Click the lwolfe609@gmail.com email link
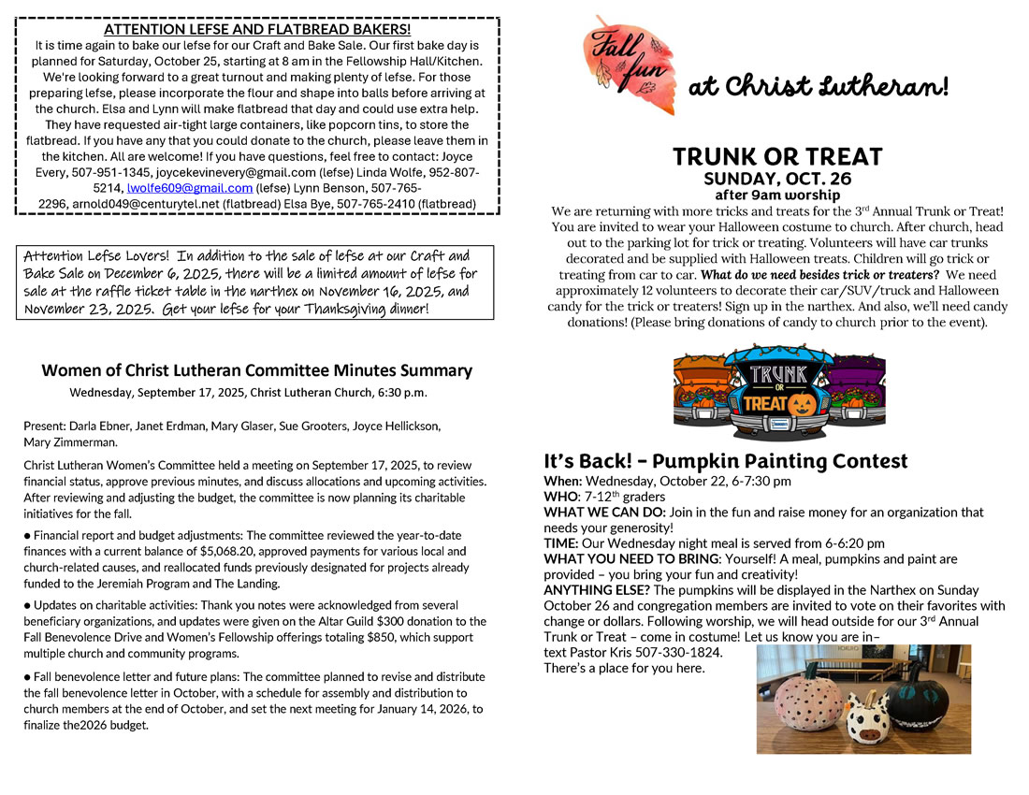tap(189, 187)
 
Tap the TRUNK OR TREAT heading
tap(777, 156)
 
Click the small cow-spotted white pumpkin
tap(868, 718)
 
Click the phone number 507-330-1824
tap(676, 651)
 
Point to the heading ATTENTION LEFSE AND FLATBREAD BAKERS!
tap(256, 29)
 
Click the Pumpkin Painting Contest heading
tap(726, 461)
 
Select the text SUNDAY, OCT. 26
tap(777, 179)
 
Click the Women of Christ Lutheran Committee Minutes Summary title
tap(256, 370)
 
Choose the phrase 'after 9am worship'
tap(777, 195)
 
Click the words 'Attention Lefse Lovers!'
tap(94, 256)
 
